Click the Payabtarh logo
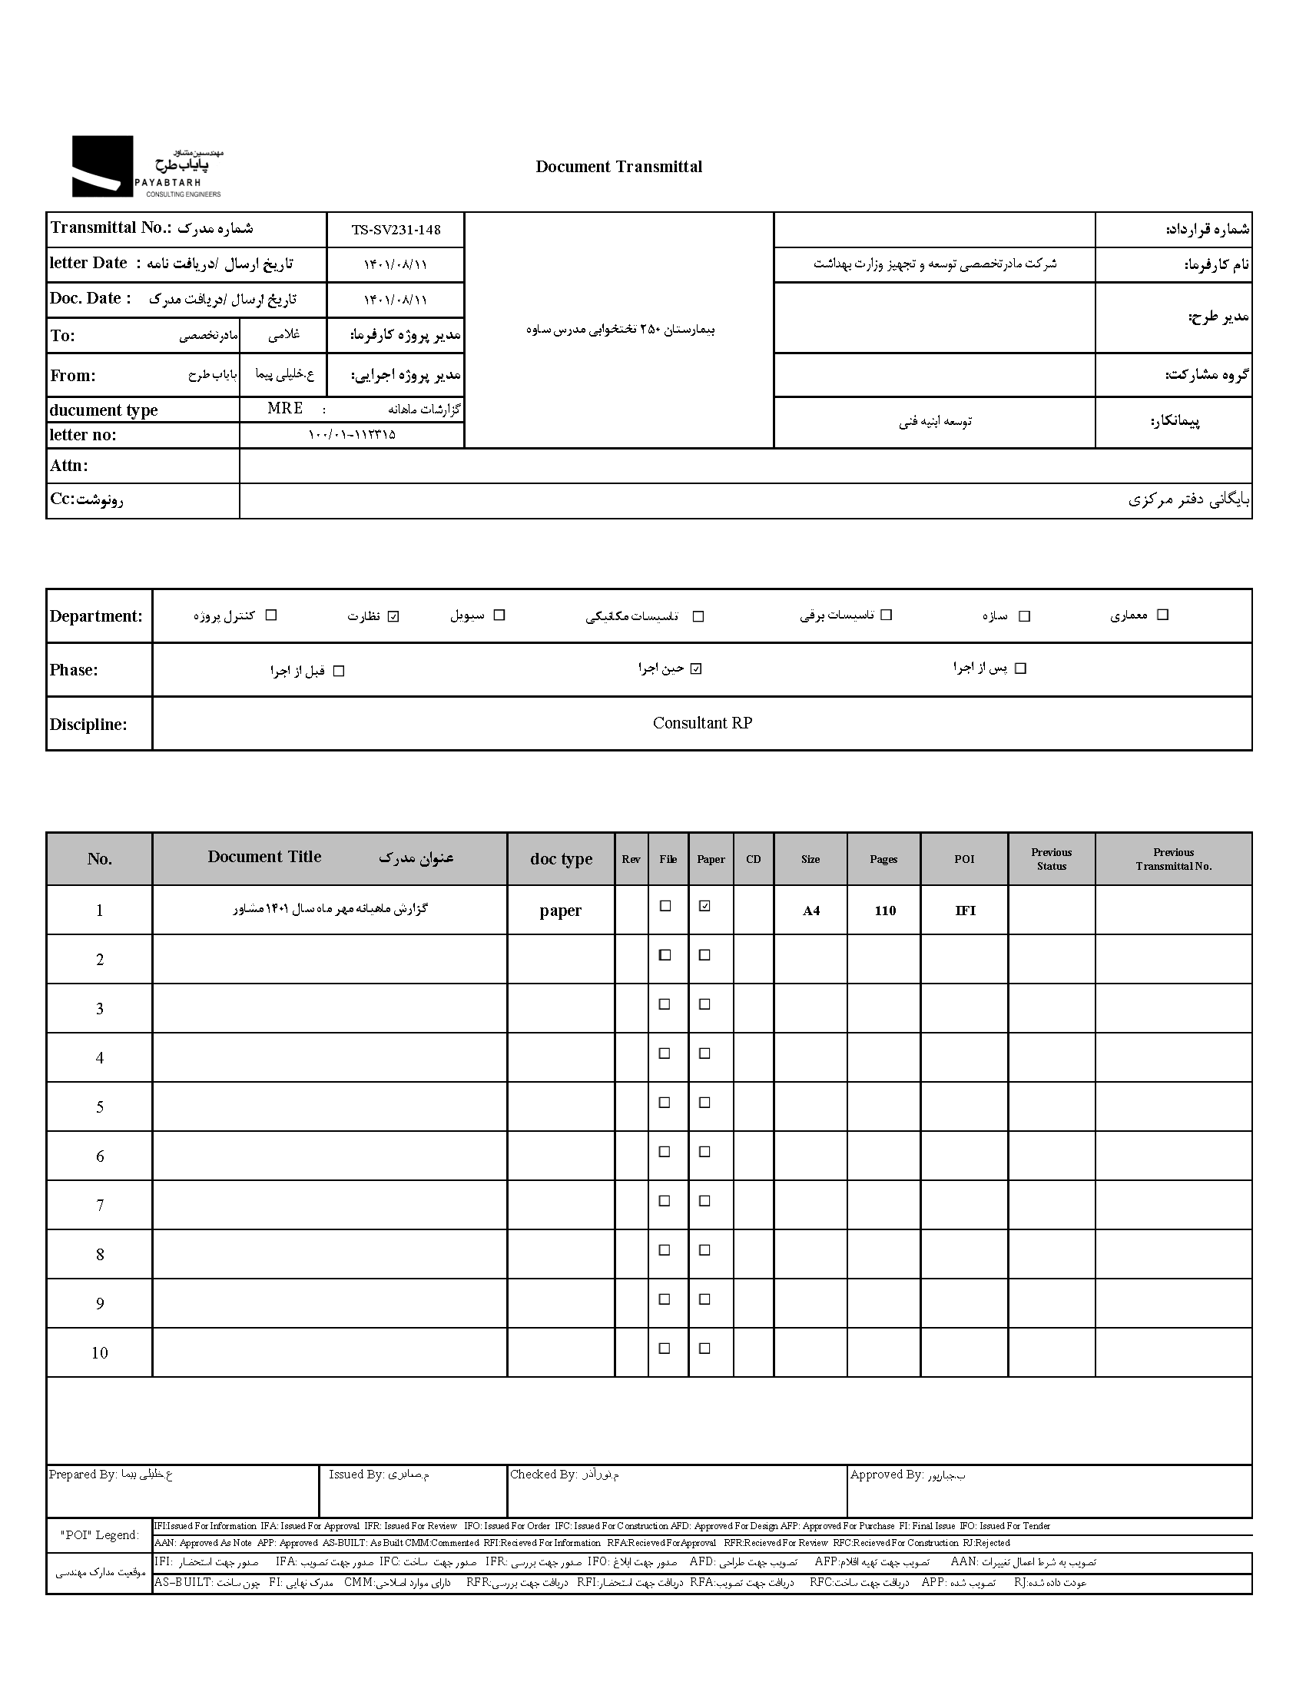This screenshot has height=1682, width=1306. click(146, 167)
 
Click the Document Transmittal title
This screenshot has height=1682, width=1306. click(618, 167)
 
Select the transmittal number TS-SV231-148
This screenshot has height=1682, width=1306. click(396, 230)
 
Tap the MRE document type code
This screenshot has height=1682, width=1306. click(285, 408)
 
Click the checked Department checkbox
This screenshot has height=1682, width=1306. click(393, 616)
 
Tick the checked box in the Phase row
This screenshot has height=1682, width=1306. click(696, 668)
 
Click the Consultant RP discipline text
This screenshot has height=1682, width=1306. click(701, 723)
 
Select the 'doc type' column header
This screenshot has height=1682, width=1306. click(561, 859)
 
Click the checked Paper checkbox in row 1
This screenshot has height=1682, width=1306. click(704, 907)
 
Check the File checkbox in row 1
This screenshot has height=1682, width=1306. click(665, 907)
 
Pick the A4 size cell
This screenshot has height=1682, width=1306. click(810, 911)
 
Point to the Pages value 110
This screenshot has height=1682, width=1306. click(885, 911)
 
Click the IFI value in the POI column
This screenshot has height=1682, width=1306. click(965, 911)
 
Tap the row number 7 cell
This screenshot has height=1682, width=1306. click(100, 1206)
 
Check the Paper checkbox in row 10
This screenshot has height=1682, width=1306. click(704, 1349)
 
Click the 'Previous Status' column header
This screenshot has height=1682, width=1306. click(1051, 859)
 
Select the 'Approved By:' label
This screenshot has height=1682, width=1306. click(886, 1474)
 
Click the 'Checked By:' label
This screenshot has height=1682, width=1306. click(543, 1474)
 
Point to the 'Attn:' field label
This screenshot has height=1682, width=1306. click(69, 466)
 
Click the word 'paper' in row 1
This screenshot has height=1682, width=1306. click(560, 911)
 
